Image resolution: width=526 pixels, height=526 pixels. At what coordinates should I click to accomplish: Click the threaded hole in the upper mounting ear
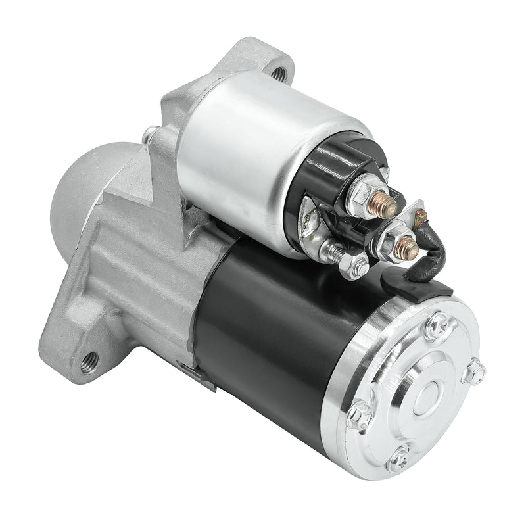pyautogui.click(x=281, y=74)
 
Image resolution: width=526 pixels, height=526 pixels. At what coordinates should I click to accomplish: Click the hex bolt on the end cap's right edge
pyautogui.click(x=473, y=371)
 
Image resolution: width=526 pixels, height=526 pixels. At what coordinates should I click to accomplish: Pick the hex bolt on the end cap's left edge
pyautogui.click(x=360, y=414)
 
